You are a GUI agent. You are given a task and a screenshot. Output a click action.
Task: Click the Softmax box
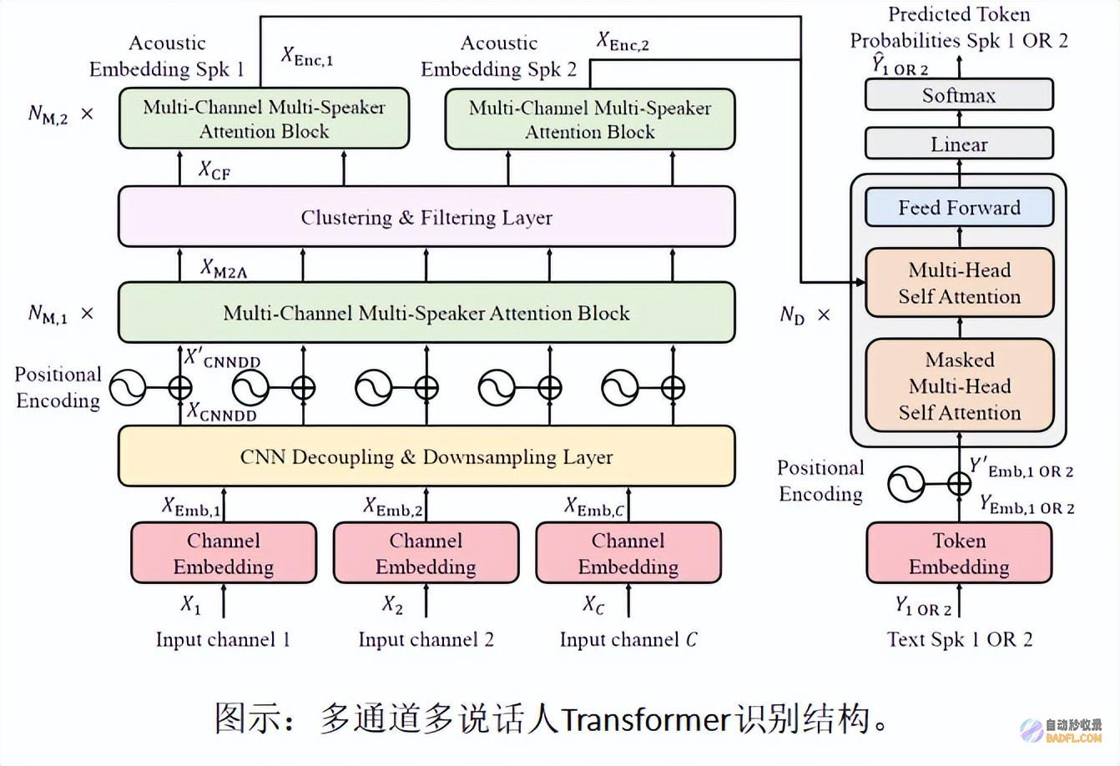958,95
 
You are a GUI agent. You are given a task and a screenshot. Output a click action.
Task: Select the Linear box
958,144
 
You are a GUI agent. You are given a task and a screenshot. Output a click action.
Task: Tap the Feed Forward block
959,208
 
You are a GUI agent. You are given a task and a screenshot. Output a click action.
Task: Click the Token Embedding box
959,553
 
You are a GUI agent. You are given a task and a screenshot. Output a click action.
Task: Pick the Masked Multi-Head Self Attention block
959,386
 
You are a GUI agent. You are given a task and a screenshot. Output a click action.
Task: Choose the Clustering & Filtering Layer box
426,217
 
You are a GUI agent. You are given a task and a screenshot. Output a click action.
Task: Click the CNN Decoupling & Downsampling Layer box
426,456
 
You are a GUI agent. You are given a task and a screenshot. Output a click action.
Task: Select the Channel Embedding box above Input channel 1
224,553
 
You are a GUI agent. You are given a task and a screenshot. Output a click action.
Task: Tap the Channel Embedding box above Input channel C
628,553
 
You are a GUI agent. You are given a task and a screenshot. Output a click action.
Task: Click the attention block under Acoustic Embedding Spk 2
590,119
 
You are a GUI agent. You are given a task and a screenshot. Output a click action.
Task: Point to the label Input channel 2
426,640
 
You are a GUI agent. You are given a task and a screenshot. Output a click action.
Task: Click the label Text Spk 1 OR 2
959,640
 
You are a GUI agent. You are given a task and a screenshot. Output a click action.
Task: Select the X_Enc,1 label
306,57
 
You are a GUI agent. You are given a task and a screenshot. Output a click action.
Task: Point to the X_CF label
214,170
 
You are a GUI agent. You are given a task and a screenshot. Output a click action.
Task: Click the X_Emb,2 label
393,506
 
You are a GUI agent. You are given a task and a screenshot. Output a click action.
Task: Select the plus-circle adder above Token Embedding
959,483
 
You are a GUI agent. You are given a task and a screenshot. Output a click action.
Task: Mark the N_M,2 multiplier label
60,113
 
